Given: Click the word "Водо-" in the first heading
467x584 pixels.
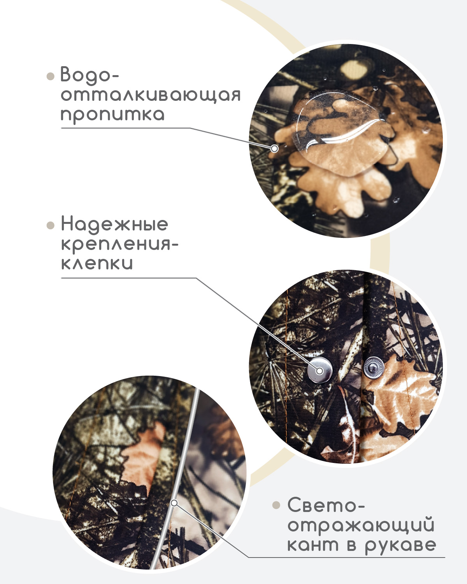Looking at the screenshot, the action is pos(90,74).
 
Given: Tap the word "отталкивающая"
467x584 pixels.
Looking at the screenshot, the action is pos(151,95).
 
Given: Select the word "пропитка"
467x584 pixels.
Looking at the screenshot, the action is pos(112,115).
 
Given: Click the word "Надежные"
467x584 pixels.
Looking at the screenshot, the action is pos(114,224).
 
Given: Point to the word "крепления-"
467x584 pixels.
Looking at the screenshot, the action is pos(119,245).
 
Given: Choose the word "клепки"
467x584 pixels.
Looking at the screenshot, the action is pos(97,264).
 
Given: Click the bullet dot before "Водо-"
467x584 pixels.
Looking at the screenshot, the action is pos(51,76).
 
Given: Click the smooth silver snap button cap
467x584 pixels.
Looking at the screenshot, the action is pos(320,370).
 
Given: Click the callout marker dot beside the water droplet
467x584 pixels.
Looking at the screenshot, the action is pos(275,148).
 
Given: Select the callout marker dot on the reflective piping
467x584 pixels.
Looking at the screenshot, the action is pos(174,503).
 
